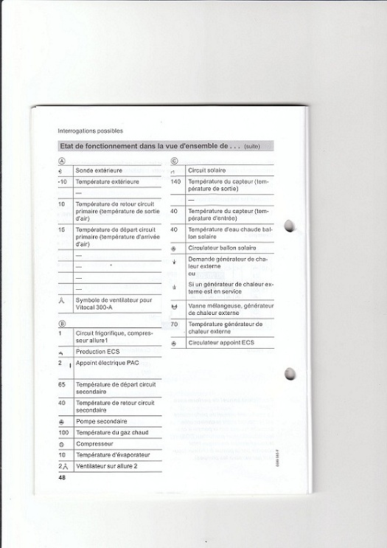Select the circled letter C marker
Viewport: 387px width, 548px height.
point(175,160)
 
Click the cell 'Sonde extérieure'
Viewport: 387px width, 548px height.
point(100,170)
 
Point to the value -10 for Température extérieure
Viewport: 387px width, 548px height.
point(63,181)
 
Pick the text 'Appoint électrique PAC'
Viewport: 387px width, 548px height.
point(108,364)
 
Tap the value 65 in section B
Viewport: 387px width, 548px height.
point(62,384)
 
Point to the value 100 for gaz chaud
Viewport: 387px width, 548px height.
point(63,431)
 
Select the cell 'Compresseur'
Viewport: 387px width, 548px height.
point(94,443)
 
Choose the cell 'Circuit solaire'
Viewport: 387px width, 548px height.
point(207,170)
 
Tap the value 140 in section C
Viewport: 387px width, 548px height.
point(176,181)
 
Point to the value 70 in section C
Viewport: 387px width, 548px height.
point(175,324)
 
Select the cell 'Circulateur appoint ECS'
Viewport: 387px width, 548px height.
point(221,343)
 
